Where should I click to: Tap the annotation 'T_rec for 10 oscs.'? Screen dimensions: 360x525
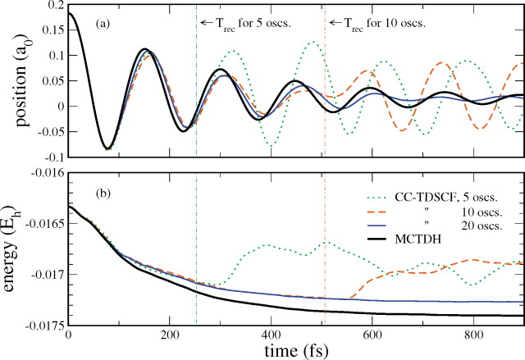[x=383, y=22]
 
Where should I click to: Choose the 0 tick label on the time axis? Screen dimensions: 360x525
[x=68, y=334]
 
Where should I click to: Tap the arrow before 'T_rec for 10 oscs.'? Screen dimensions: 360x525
[x=335, y=22]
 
